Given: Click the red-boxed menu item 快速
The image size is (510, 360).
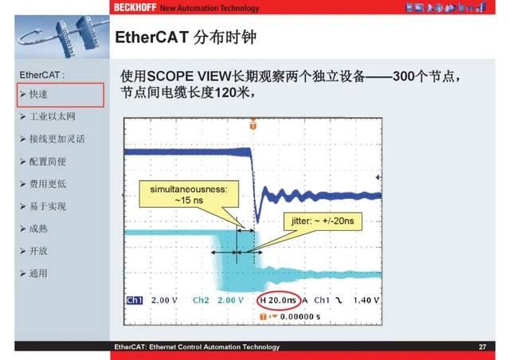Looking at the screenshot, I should [x=39, y=95].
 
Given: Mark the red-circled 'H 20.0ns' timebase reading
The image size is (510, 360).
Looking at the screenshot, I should [x=279, y=300].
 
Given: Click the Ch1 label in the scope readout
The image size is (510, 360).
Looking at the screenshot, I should [x=134, y=300].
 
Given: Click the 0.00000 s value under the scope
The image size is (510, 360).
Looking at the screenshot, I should [x=297, y=315].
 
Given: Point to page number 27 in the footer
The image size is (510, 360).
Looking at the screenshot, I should [x=482, y=347].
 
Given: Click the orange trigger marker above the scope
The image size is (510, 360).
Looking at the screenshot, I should [x=253, y=125].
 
